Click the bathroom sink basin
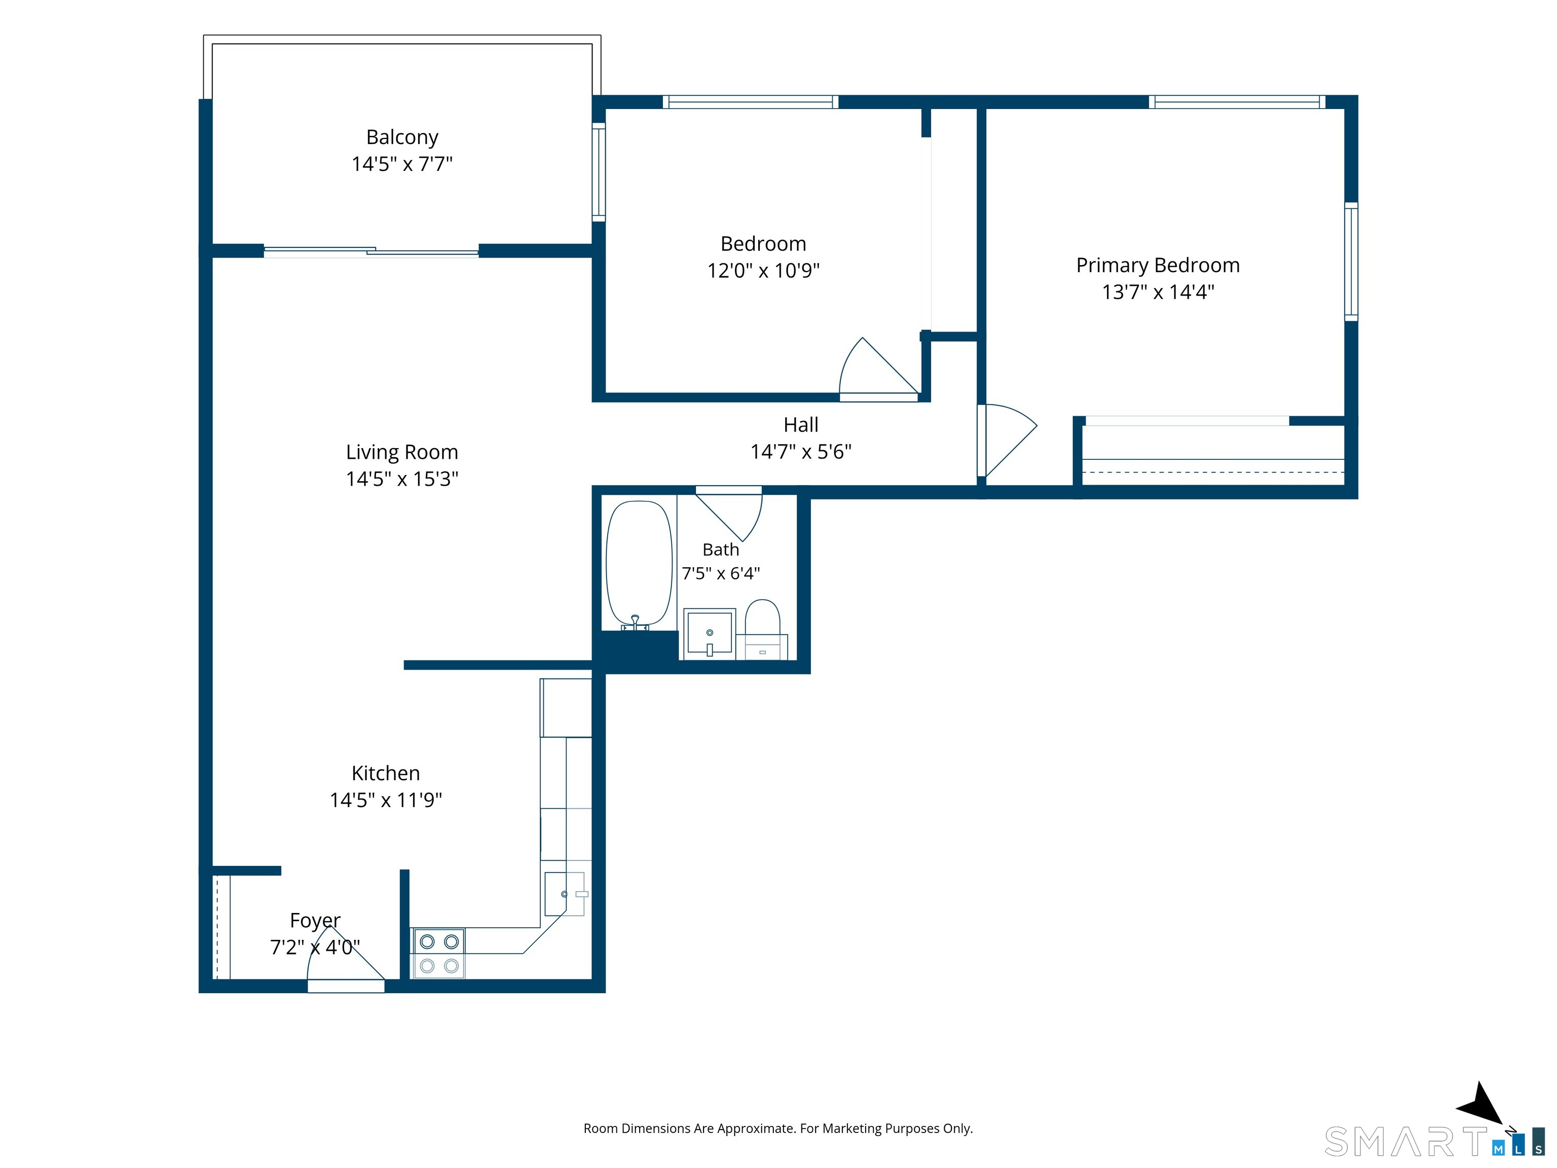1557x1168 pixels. click(x=710, y=634)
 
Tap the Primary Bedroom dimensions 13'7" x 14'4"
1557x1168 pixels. click(x=1158, y=291)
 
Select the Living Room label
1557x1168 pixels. click(x=402, y=452)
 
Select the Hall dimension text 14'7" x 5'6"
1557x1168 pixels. click(x=801, y=451)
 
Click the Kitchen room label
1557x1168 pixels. click(x=386, y=773)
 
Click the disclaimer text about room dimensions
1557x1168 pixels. click(x=778, y=1128)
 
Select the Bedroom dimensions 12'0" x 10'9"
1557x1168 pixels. click(x=764, y=270)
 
